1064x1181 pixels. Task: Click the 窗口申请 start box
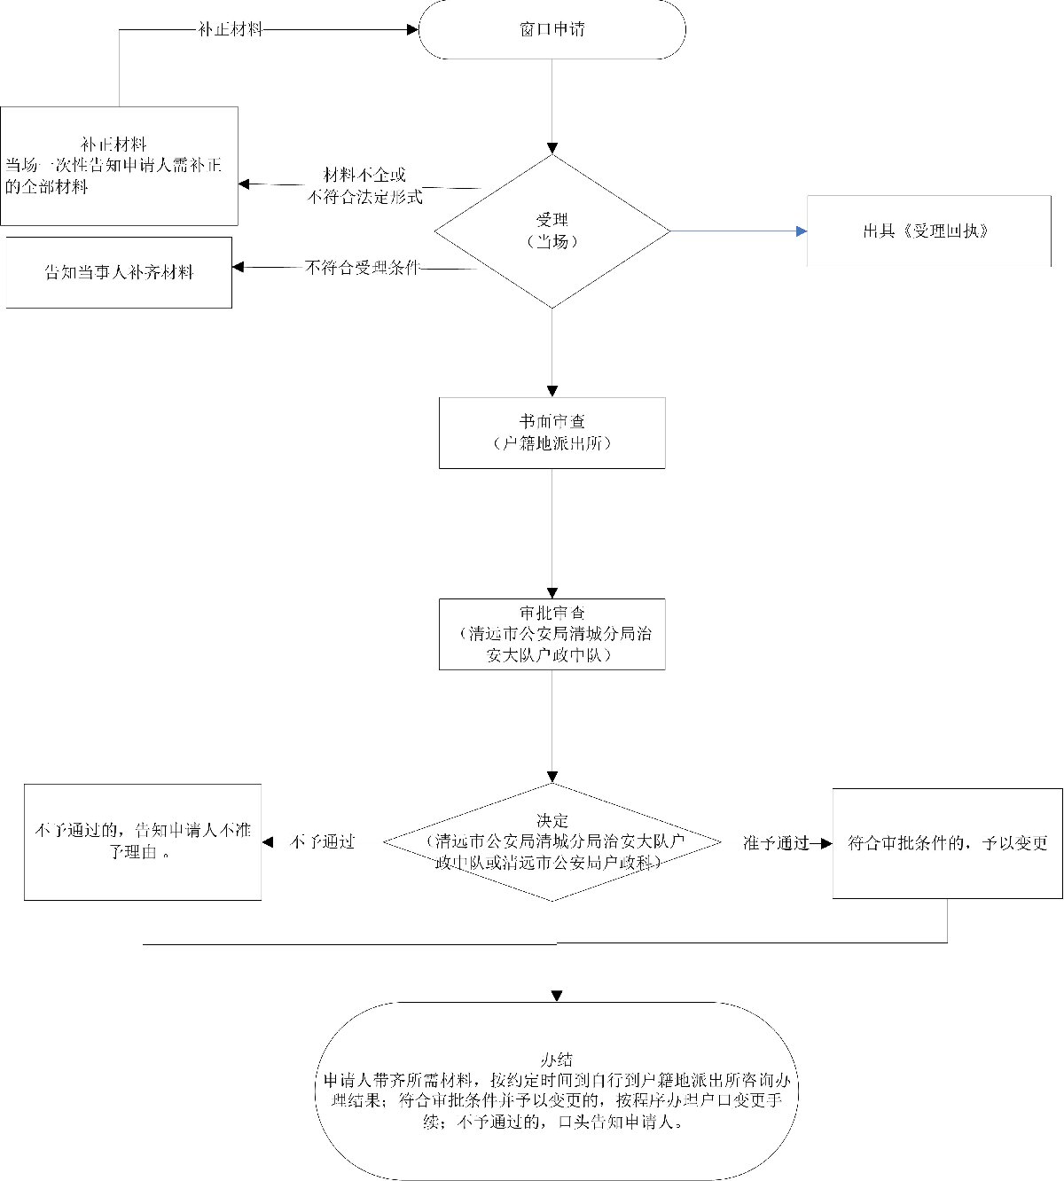pyautogui.click(x=552, y=30)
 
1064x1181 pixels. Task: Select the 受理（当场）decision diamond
pyautogui.click(x=552, y=231)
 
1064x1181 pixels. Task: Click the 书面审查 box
pyautogui.click(x=552, y=433)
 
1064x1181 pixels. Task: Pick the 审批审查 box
pyautogui.click(x=552, y=634)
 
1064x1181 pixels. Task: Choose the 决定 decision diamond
pyautogui.click(x=552, y=842)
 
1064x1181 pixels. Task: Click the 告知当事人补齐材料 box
pyautogui.click(x=119, y=272)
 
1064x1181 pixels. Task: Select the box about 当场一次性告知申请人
pyautogui.click(x=119, y=166)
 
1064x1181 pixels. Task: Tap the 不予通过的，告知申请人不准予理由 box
pyautogui.click(x=143, y=842)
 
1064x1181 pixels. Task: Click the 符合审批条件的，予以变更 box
pyautogui.click(x=947, y=842)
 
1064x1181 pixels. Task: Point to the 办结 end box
pyautogui.click(x=557, y=1091)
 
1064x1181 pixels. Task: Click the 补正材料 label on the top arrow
pyautogui.click(x=231, y=29)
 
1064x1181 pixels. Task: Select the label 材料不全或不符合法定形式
pyautogui.click(x=364, y=186)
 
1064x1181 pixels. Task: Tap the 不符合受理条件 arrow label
pyautogui.click(x=362, y=267)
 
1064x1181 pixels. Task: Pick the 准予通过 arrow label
pyautogui.click(x=776, y=843)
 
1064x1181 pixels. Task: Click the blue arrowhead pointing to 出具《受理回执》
pyautogui.click(x=802, y=231)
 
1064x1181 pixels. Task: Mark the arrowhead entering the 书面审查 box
pyautogui.click(x=552, y=391)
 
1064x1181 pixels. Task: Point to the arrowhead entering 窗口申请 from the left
pyautogui.click(x=412, y=29)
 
